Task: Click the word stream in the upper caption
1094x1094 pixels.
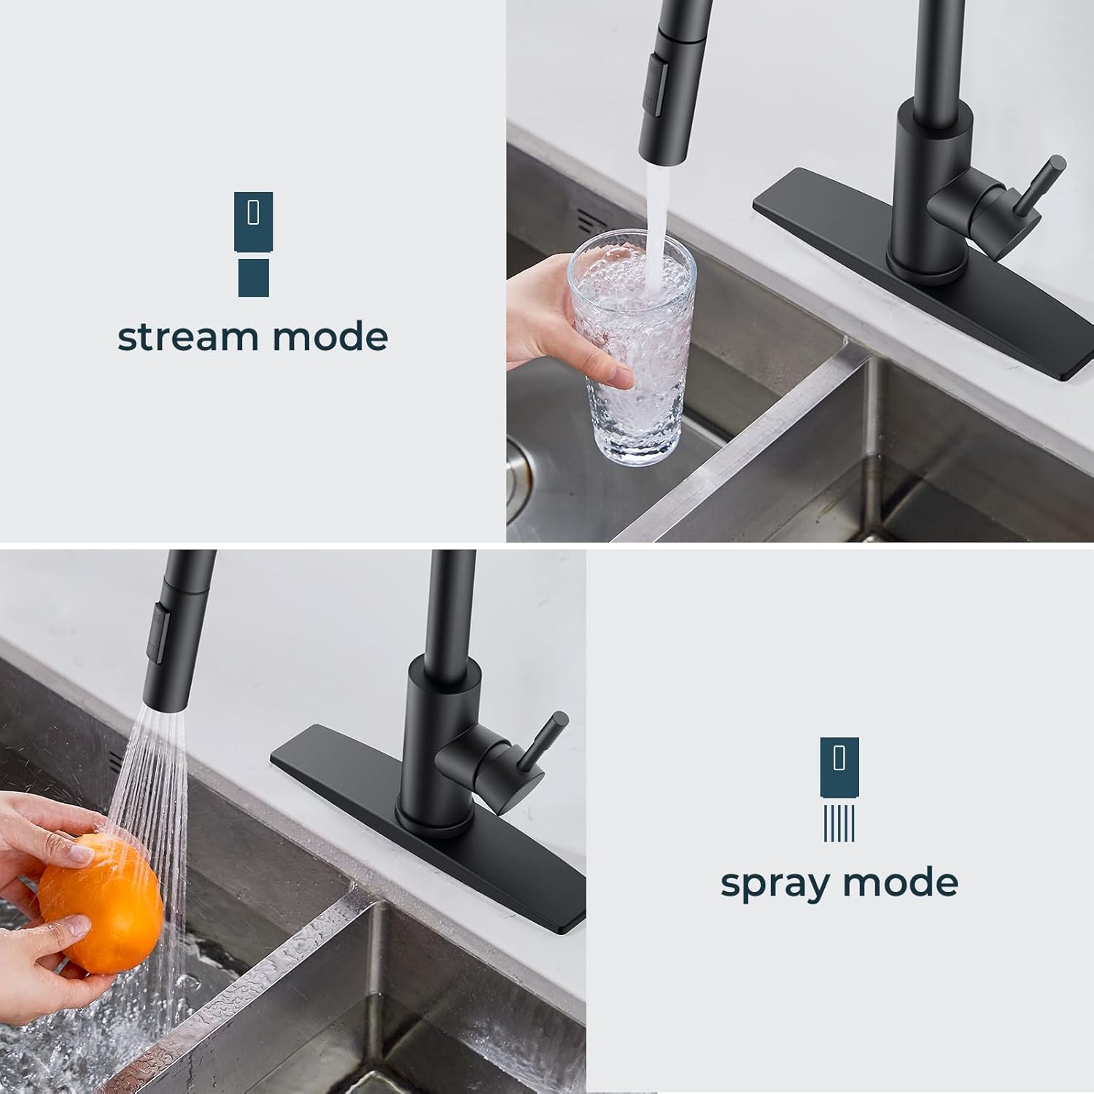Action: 189,337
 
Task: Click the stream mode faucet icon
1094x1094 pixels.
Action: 253,244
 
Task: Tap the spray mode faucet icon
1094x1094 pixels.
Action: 839,788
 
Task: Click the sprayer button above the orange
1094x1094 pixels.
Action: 159,627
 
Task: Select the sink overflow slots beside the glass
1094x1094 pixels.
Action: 583,220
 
